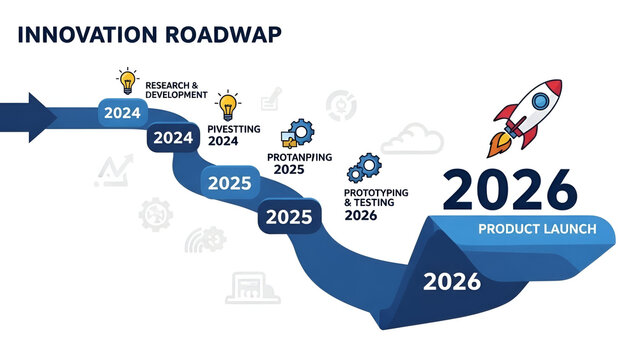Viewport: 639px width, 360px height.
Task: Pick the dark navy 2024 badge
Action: (x=173, y=138)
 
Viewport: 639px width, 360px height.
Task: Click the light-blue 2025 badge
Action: (x=230, y=183)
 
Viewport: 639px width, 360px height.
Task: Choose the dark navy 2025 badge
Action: (x=287, y=216)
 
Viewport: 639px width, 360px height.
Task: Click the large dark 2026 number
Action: (x=510, y=190)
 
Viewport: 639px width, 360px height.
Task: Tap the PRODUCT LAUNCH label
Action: (x=537, y=229)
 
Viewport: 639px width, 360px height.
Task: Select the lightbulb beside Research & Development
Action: (x=127, y=82)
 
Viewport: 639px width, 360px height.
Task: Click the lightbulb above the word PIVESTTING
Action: (x=229, y=104)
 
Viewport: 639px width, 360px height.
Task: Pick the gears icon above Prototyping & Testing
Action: (x=365, y=167)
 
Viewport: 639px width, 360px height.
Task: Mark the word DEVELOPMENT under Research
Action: (x=176, y=95)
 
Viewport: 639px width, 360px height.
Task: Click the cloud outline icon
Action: (x=411, y=140)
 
